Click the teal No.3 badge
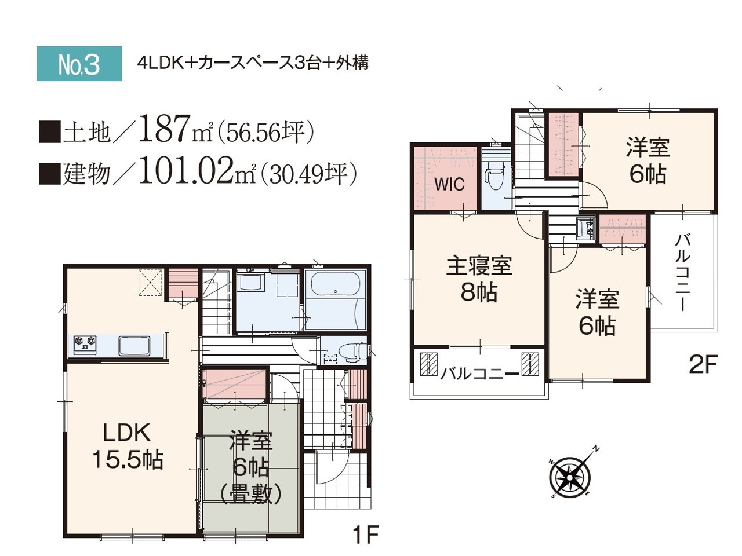[79, 64]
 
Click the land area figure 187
[164, 128]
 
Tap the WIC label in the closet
[449, 184]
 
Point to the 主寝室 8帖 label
[479, 279]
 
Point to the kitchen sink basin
[134, 345]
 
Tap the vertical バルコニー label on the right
[682, 272]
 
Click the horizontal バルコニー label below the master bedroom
[479, 374]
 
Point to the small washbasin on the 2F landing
[586, 229]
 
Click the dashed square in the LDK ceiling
[150, 283]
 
